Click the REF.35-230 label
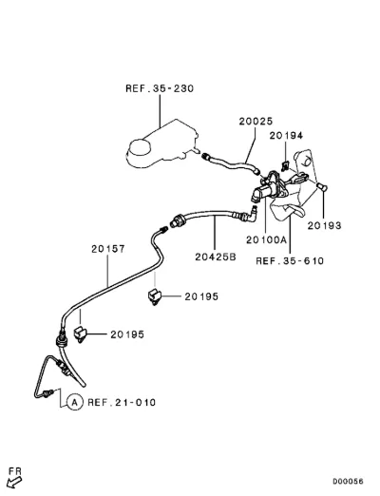160,88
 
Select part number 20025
256,121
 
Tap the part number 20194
286,136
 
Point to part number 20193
324,225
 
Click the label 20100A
266,239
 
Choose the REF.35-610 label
290,261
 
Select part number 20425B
216,257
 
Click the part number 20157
108,249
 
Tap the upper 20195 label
201,296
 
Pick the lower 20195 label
127,334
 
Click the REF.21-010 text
122,403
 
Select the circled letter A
75,403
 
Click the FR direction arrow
14,483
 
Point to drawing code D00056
348,482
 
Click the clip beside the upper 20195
155,297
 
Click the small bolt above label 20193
322,187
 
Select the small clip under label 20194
285,166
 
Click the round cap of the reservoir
140,147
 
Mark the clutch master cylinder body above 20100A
263,191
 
